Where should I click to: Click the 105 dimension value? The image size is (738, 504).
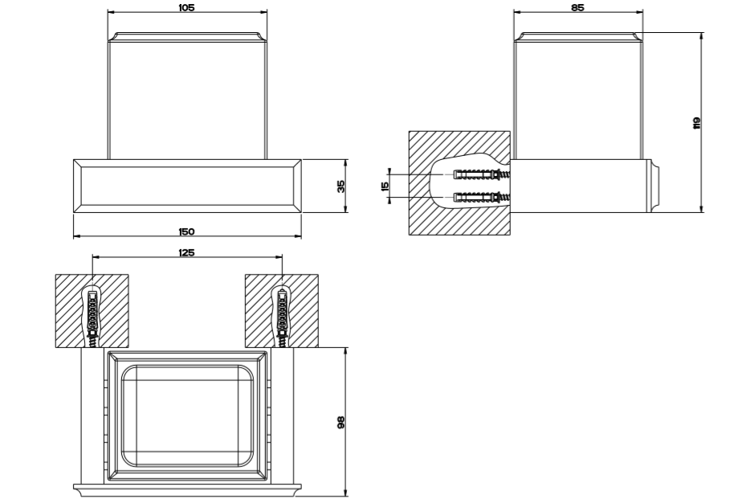pos(187,6)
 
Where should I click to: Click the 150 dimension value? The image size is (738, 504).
pos(187,232)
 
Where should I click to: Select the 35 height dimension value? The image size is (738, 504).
pos(340,186)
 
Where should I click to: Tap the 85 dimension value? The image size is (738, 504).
pos(577,6)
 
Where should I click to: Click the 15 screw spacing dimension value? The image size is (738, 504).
pos(385,186)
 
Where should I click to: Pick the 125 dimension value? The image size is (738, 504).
pos(187,252)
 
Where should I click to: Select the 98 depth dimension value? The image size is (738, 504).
pos(340,422)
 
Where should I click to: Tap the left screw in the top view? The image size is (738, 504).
pos(92,318)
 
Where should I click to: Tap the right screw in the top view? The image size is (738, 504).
pos(282,318)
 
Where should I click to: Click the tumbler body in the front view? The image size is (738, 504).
pos(187,92)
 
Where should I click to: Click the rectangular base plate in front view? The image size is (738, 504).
pos(187,185)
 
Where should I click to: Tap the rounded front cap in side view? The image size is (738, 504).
pos(655,185)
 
